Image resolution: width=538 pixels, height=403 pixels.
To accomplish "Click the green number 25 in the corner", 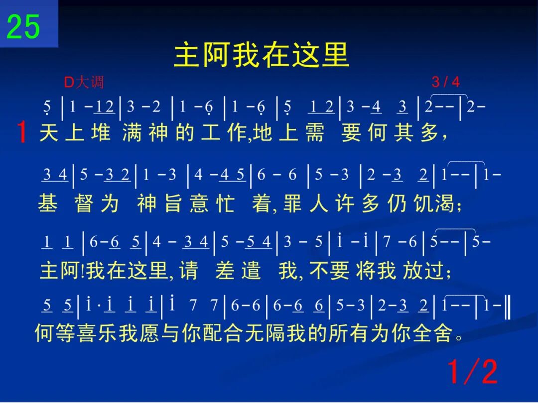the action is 23,27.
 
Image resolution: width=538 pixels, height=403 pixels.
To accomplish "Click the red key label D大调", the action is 84,82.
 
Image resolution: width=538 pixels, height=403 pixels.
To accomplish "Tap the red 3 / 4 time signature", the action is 446,82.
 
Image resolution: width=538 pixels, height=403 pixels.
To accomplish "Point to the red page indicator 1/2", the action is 473,372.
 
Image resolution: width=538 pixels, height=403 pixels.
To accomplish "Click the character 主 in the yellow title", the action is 187,55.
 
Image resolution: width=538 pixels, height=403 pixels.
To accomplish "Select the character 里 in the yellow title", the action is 336,55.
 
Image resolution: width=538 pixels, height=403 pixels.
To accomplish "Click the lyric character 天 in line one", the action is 49,133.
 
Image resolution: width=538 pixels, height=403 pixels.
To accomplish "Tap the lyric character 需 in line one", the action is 315,133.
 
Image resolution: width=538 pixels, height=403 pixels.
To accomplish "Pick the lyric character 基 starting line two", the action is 48,203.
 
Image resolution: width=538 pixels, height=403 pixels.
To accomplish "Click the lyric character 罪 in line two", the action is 293,203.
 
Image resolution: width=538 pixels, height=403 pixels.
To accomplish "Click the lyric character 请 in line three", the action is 189,271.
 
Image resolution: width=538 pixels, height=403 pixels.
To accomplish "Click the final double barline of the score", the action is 508,305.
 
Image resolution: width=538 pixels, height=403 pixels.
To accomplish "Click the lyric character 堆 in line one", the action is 101,133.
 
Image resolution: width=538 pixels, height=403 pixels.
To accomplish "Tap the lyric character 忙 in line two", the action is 226,203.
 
